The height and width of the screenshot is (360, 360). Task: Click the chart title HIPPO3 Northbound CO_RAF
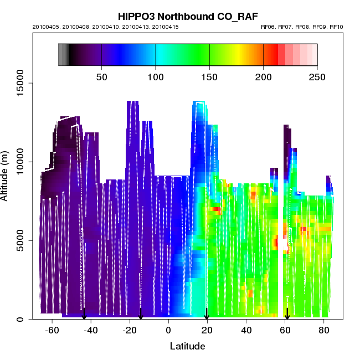(x=179, y=16)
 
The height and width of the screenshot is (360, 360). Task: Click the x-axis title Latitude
(x=187, y=347)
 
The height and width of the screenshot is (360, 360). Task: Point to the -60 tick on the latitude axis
(x=52, y=331)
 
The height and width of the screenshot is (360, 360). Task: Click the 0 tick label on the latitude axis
(x=168, y=331)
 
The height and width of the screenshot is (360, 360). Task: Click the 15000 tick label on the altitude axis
(x=19, y=83)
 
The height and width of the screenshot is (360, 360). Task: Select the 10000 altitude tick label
(x=19, y=162)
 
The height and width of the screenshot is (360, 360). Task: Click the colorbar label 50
(x=102, y=76)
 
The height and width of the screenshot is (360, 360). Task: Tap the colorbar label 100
(x=156, y=76)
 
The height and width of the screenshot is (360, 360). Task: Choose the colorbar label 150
(x=209, y=76)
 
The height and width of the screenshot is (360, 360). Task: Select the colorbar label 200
(x=263, y=76)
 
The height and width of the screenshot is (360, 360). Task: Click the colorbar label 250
(x=317, y=76)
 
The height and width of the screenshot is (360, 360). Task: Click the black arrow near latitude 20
(x=207, y=314)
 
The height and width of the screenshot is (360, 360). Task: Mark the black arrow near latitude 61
(x=287, y=314)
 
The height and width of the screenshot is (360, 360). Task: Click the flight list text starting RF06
(x=301, y=27)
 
